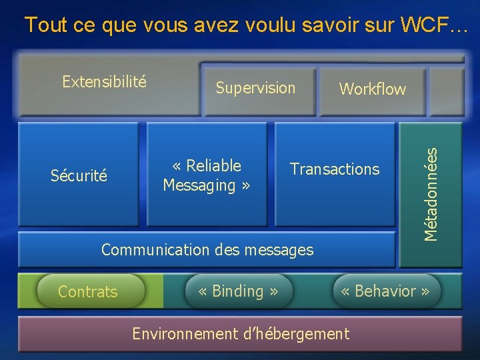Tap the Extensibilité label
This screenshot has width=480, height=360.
(104, 82)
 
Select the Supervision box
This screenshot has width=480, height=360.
(255, 87)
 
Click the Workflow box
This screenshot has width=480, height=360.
(372, 89)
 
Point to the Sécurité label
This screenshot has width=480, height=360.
(79, 176)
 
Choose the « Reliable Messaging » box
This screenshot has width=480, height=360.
(207, 175)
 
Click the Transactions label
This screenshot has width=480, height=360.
(335, 169)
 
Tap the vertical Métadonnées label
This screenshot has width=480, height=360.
(433, 193)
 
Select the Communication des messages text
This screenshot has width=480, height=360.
(207, 250)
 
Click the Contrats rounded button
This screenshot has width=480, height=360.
(88, 292)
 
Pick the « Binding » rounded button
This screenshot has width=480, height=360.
(238, 291)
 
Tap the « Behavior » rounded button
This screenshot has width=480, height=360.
(386, 291)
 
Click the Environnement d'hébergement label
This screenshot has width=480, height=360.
(240, 333)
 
